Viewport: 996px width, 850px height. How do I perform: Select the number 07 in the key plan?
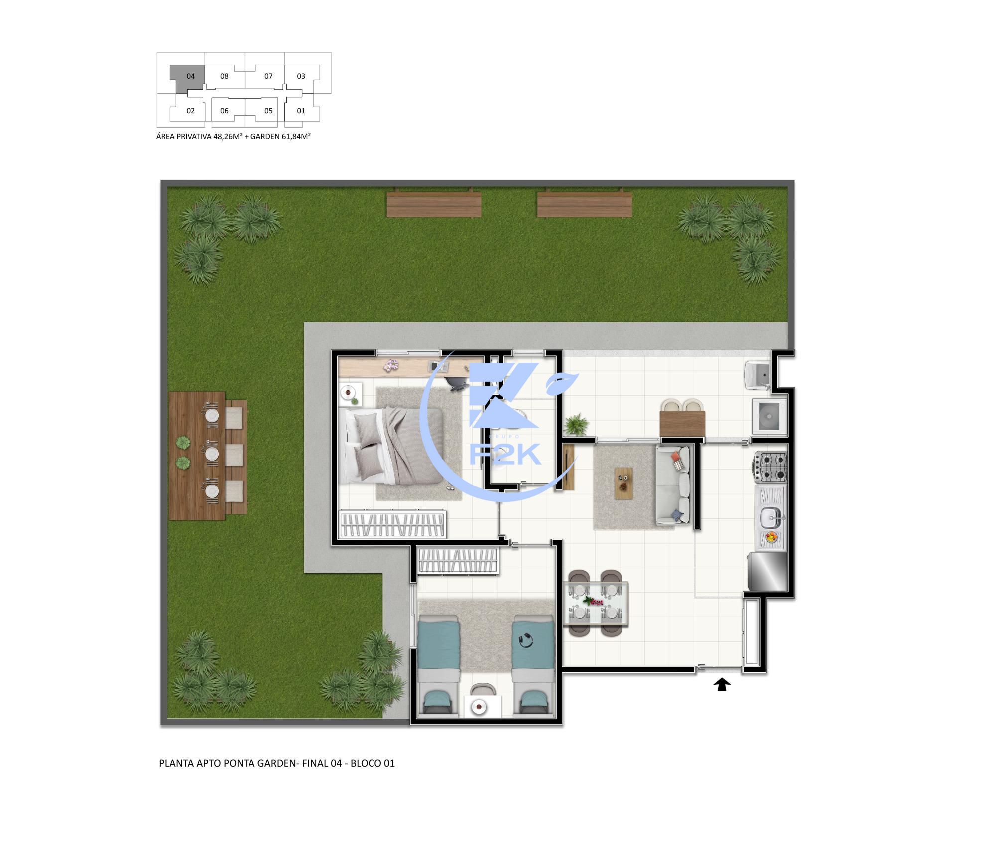click(x=268, y=76)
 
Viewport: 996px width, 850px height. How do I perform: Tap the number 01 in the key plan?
click(x=301, y=111)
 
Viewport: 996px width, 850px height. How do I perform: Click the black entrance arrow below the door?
click(x=722, y=685)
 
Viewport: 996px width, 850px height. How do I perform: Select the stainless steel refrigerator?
click(x=767, y=572)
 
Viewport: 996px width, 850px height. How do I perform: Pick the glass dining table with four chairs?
click(x=595, y=603)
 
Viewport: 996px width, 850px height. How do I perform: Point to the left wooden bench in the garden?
click(x=434, y=205)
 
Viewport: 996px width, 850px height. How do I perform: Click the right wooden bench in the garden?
click(x=584, y=205)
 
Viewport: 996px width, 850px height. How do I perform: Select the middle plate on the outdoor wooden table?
click(x=212, y=454)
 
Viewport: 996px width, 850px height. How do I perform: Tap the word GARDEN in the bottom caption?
click(x=276, y=763)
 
